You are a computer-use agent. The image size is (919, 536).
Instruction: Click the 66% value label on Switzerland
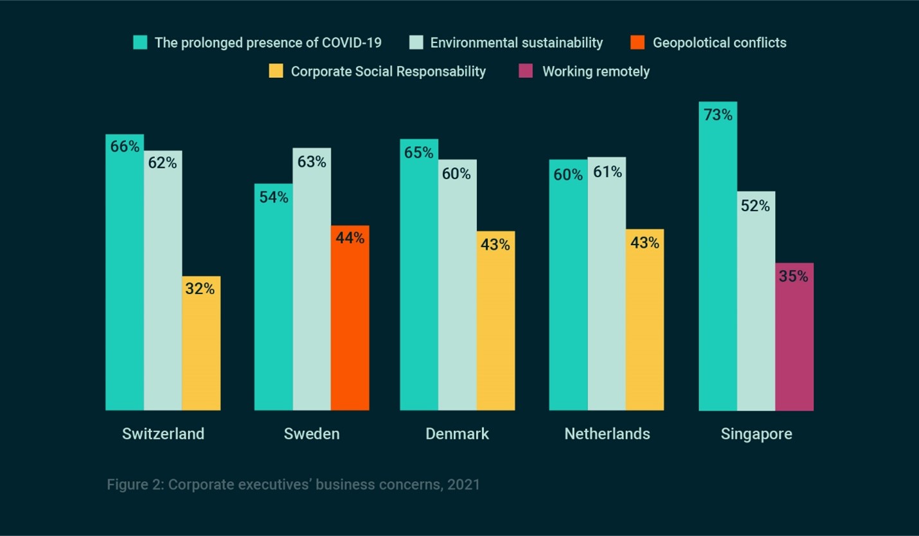click(x=125, y=146)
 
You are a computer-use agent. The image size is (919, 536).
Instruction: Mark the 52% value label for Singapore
click(x=755, y=206)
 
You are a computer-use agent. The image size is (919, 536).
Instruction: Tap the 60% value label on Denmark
click(x=456, y=174)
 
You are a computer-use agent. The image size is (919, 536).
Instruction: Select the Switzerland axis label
click(x=163, y=434)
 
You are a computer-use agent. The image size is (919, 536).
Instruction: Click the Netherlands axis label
click(x=607, y=434)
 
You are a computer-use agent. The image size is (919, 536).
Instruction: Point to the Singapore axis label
click(x=756, y=434)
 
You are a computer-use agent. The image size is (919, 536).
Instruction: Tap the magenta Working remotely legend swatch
click(x=525, y=71)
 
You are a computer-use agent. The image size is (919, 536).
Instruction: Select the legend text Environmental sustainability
click(x=516, y=42)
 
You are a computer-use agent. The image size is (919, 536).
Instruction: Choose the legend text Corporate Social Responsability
click(x=388, y=71)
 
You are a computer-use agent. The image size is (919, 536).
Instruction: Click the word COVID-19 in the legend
click(x=352, y=42)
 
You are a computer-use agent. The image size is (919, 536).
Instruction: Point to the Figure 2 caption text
click(x=293, y=484)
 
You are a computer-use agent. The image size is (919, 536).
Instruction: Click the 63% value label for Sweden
click(x=312, y=162)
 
